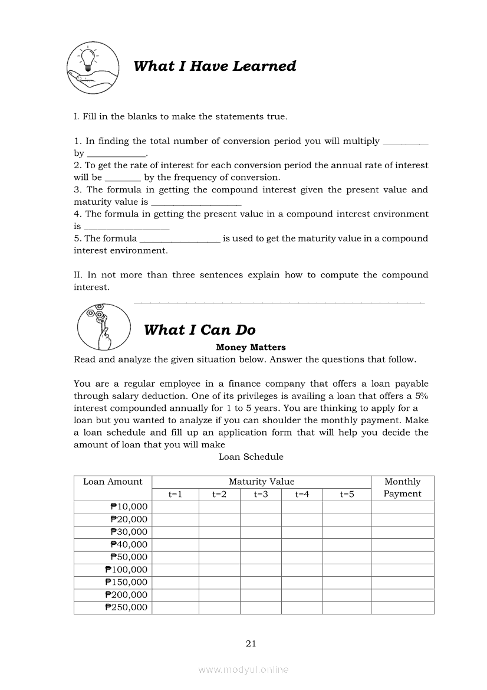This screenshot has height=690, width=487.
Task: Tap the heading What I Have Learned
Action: click(215, 66)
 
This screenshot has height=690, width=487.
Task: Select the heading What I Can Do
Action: click(199, 330)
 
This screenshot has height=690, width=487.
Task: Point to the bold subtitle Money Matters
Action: click(251, 347)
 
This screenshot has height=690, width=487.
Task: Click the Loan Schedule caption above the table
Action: click(251, 457)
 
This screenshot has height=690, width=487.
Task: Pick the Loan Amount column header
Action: click(113, 482)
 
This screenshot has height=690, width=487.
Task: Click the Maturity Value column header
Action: click(261, 482)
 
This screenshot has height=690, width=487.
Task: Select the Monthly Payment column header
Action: click(402, 488)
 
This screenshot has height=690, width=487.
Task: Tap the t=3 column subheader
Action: click(261, 494)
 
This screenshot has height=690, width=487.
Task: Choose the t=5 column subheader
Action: click(347, 494)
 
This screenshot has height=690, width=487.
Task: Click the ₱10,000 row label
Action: click(129, 507)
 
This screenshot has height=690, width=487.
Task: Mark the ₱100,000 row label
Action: click(126, 570)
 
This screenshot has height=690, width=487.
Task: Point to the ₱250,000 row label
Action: click(126, 607)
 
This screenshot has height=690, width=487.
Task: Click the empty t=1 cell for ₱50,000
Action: click(175, 557)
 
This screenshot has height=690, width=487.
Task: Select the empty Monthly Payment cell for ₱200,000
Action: click(402, 595)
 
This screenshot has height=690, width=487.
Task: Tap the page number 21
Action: click(251, 643)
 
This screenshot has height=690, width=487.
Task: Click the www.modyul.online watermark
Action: click(244, 670)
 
